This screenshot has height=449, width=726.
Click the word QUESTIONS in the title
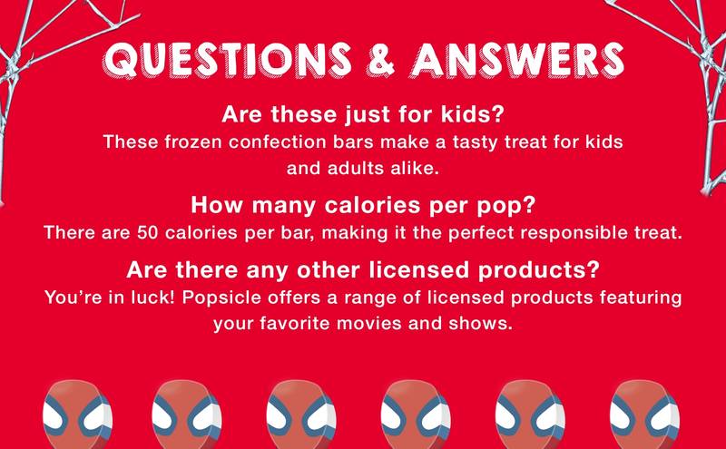tap(236, 60)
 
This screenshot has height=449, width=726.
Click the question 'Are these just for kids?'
tap(363, 117)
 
